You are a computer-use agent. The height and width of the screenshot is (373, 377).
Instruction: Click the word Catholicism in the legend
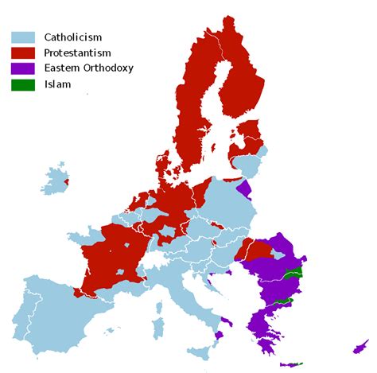pos(73,37)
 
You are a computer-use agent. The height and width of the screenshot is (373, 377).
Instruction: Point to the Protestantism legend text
pos(78,52)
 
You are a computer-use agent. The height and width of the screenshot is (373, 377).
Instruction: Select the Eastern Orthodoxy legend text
pos(88,68)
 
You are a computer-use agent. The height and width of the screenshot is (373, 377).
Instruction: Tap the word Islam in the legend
pos(57,84)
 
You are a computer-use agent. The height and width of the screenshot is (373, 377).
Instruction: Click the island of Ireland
pos(56,181)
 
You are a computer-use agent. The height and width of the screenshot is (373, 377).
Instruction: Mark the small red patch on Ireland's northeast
pos(66,182)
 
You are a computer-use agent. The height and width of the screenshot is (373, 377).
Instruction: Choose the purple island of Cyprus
pos(361,346)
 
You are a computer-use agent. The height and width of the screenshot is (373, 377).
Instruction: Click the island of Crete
pos(292,364)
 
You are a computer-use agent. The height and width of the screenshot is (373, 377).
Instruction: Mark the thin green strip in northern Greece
pos(280,303)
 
